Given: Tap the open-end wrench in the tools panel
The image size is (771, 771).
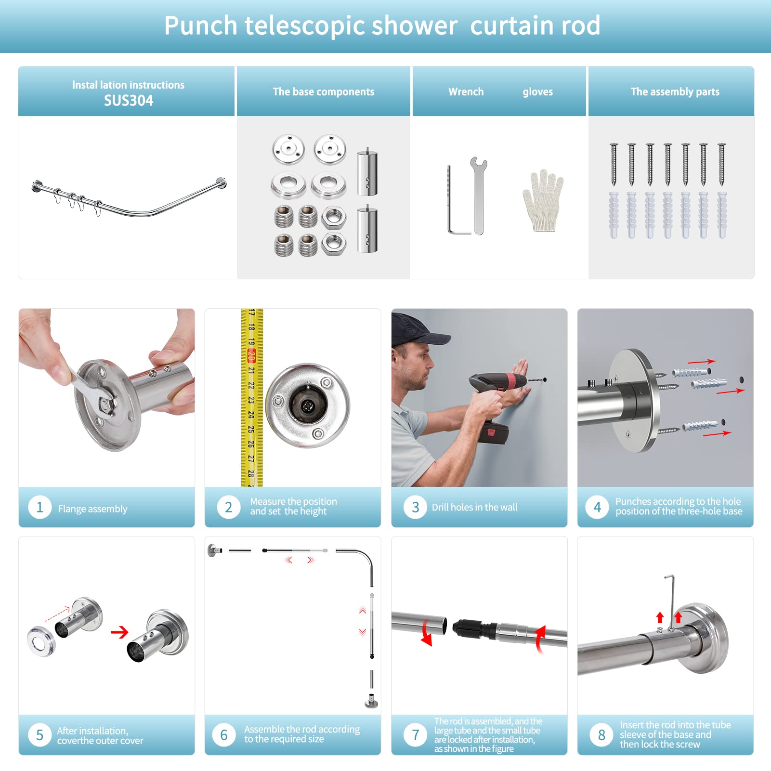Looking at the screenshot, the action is point(478,196).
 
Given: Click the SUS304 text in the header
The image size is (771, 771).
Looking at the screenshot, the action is point(129,101).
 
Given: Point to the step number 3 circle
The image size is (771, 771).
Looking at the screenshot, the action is point(415,507).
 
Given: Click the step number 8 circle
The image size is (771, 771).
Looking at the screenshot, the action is point(601,735).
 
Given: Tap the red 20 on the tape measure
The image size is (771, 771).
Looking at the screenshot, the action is point(251,356).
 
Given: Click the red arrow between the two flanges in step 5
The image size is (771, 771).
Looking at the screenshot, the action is point(119,631).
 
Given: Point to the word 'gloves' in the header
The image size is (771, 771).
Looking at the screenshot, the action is point(538,92).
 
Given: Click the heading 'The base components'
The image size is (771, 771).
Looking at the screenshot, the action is point(324,91).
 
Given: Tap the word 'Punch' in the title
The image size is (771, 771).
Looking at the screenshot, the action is point(201,26).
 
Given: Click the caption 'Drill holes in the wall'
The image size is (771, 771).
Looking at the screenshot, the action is point(475,507).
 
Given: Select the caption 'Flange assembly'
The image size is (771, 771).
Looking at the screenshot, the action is point(92,509).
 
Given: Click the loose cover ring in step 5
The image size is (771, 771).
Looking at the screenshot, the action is point(41,640).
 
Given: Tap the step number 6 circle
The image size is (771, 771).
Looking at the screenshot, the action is point(224,735).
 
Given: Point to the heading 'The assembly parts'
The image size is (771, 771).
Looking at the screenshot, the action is point(675,91).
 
